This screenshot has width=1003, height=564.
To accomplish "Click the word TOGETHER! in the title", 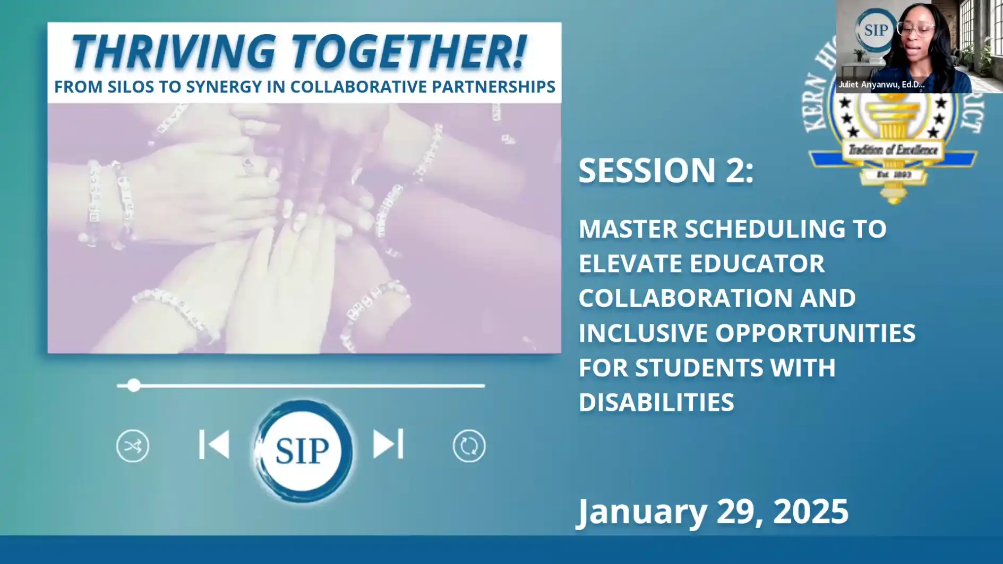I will point(408,52).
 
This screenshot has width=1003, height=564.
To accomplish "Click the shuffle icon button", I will point(132,445).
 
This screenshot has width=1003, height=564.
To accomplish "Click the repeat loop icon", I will point(468,445).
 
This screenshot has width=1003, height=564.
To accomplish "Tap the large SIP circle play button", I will point(302,450).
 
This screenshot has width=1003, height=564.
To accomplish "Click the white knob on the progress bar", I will point(134,385).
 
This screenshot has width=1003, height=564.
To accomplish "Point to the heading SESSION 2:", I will point(666,171).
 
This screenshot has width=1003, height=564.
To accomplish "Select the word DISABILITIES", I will point(656,402).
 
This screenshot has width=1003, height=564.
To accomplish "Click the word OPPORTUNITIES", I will point(815,333).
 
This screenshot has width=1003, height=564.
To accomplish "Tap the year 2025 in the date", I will point(810,511).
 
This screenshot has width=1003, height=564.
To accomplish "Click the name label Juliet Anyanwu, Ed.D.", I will point(881,85).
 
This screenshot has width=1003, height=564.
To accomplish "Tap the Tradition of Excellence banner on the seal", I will point(892,150).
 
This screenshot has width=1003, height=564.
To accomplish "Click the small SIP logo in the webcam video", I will point(875,30).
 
